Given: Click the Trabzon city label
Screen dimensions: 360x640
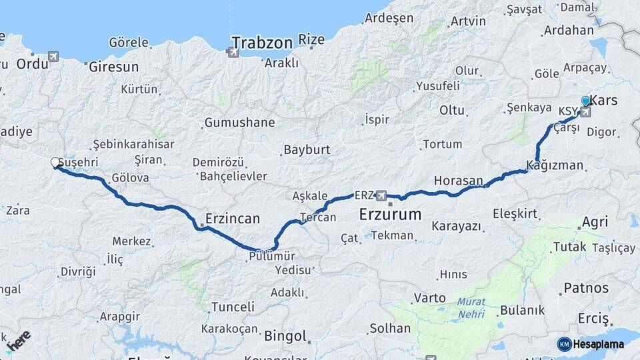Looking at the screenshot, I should (263, 43).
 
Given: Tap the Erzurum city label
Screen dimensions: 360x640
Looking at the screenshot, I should (390, 215).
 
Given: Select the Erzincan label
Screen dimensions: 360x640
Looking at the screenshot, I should (233, 219).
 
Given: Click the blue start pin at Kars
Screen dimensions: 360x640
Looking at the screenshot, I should (586, 101).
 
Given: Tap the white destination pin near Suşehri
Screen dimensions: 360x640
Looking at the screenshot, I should (55, 162).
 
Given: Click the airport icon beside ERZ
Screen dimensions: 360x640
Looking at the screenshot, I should (381, 195).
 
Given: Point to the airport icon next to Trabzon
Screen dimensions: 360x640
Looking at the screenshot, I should (233, 51).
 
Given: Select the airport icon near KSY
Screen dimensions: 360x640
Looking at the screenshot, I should (585, 112).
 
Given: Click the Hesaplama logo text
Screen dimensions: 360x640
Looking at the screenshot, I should (599, 344).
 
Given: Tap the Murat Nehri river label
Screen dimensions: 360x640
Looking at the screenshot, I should (471, 307).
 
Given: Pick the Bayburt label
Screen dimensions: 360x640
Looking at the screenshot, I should (307, 150).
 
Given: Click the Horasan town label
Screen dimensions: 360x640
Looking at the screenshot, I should (458, 181).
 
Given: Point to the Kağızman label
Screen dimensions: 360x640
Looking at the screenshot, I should (555, 165).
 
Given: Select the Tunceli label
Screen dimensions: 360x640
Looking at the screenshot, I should (233, 307).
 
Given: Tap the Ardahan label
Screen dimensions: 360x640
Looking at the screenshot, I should (569, 30).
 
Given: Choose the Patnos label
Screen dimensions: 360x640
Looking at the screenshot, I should (586, 288).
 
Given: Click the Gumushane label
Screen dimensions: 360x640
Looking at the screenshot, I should (239, 123).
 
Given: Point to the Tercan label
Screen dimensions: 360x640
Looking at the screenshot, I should (317, 217).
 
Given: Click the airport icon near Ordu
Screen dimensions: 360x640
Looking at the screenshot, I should (53, 57).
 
